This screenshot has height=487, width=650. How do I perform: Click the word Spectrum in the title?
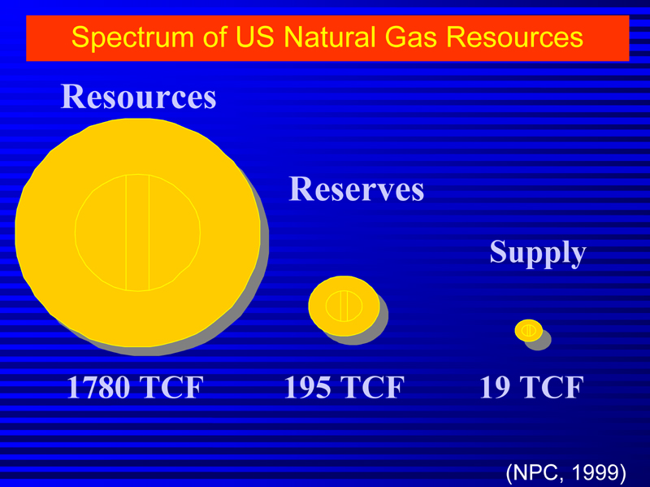[132, 37]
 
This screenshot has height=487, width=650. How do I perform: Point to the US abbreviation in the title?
[254, 37]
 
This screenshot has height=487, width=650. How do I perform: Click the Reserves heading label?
[357, 189]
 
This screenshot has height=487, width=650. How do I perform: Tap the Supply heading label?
[538, 252]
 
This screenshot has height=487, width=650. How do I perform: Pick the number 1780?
[97, 387]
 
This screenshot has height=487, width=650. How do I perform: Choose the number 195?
[307, 387]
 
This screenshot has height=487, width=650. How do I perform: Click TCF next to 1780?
[171, 387]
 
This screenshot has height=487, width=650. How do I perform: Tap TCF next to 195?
[371, 387]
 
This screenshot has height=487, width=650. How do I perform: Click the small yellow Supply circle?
[529, 331]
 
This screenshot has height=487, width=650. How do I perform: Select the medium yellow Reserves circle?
[344, 307]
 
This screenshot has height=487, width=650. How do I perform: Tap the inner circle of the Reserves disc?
[344, 307]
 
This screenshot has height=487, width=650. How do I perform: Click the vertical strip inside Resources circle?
[137, 233]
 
